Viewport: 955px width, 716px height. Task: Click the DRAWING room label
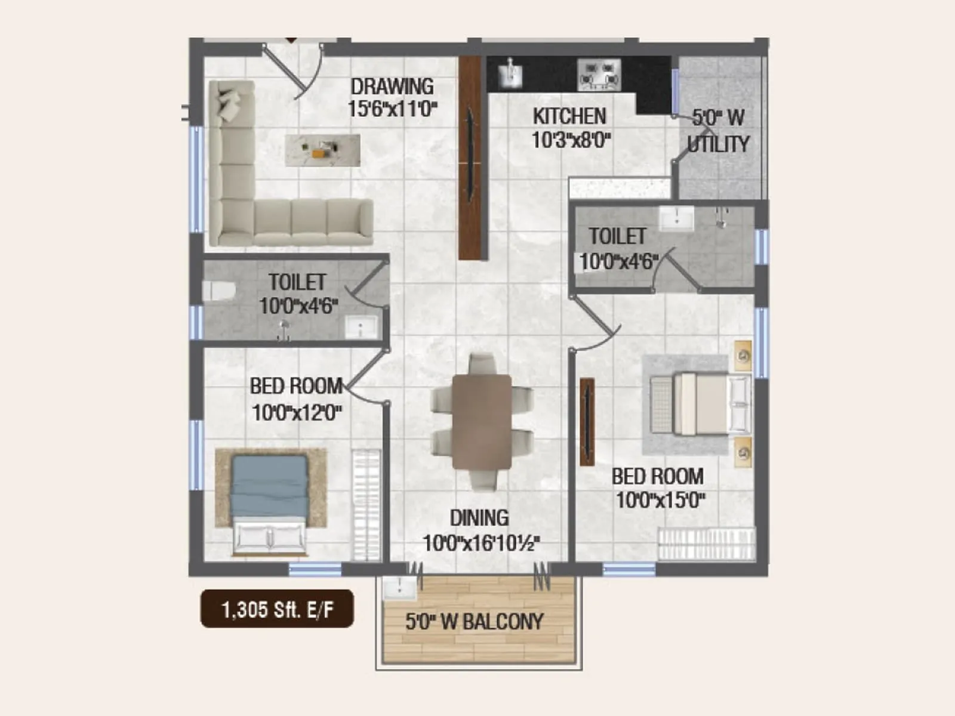[x=392, y=87]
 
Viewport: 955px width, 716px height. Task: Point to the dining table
[x=482, y=421]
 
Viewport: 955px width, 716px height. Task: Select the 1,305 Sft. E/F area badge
[x=277, y=609]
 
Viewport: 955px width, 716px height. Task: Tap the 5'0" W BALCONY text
[x=475, y=622]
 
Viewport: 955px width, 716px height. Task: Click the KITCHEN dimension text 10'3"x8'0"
[x=571, y=140]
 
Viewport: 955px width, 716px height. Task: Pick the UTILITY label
[x=718, y=144]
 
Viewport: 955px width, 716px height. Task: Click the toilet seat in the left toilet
[x=216, y=291]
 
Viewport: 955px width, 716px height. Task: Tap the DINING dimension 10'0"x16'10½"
[x=481, y=544]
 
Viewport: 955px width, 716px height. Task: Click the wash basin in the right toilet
[x=676, y=218]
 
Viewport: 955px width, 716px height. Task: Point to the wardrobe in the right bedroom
[x=706, y=543]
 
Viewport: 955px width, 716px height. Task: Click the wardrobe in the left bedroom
[x=366, y=505]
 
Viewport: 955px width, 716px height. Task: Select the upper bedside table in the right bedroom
[x=743, y=356]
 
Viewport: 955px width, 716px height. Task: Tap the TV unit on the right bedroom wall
[x=587, y=421]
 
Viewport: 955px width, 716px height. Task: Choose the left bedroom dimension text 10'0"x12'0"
[x=297, y=412]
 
